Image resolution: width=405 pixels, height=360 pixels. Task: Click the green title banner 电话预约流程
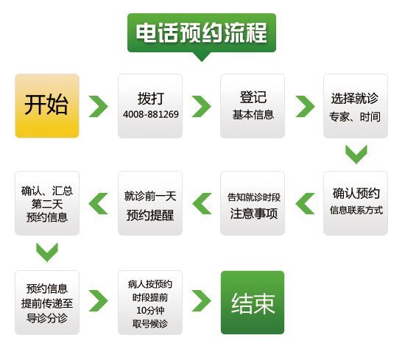[202, 33]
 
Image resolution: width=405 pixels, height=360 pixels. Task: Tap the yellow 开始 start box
[47, 106]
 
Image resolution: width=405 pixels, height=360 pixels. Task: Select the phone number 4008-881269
[150, 114]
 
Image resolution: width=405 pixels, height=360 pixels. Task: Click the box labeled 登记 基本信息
[253, 106]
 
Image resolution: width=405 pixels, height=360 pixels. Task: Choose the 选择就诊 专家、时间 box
[356, 106]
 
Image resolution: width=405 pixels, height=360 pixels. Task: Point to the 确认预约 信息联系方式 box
[356, 203]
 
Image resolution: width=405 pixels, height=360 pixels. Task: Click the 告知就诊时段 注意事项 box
[253, 203]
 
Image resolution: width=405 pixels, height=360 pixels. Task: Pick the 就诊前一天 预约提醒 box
[150, 203]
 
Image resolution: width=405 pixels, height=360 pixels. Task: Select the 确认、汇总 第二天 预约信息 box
[47, 203]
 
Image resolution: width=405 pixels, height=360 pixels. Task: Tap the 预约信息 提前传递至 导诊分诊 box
[47, 303]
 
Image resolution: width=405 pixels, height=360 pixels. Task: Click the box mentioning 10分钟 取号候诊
[150, 303]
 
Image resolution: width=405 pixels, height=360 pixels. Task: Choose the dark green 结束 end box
[253, 303]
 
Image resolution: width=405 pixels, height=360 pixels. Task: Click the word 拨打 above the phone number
[150, 99]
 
